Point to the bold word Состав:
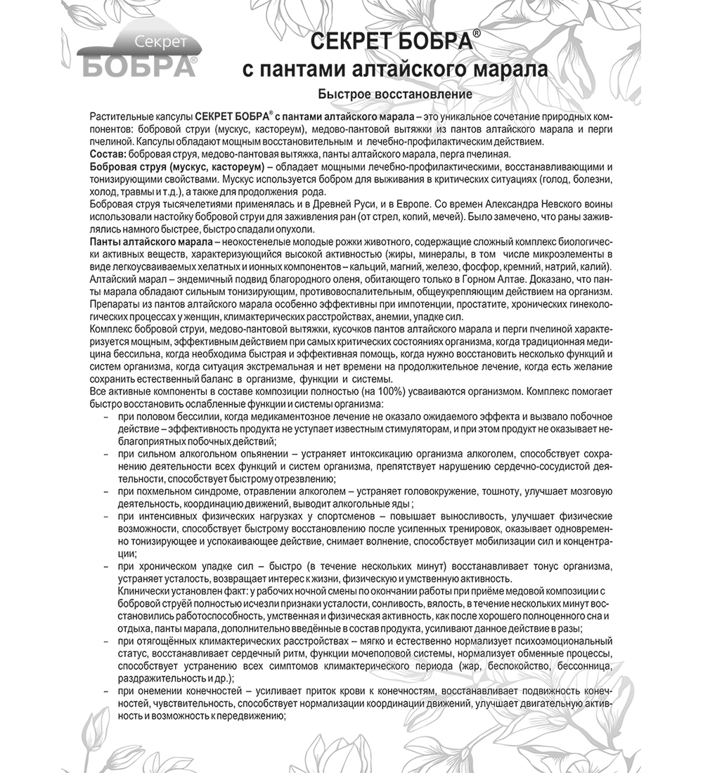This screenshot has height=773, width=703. pos(108,154)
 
